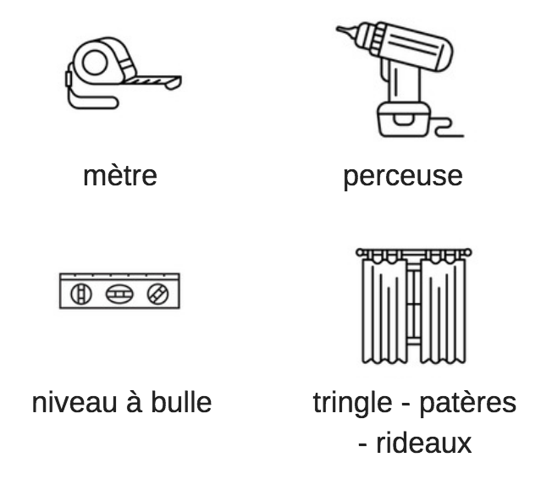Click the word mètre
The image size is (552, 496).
click(x=120, y=176)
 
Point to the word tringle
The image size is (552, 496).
click(x=352, y=404)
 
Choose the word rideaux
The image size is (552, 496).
click(x=424, y=443)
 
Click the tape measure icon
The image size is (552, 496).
click(x=124, y=74)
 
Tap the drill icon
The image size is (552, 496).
click(x=400, y=80)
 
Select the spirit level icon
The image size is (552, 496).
click(x=119, y=291)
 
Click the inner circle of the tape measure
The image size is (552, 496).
click(x=95, y=63)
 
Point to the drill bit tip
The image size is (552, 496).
click(x=338, y=28)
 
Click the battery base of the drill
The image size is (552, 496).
click(x=404, y=119)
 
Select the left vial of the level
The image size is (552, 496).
click(x=81, y=294)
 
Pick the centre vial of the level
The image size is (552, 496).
click(x=119, y=294)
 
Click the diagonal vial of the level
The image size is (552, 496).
click(x=157, y=294)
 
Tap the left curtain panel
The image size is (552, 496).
click(x=384, y=311)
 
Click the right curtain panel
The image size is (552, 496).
click(x=443, y=311)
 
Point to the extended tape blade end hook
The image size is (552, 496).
click(x=174, y=84)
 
